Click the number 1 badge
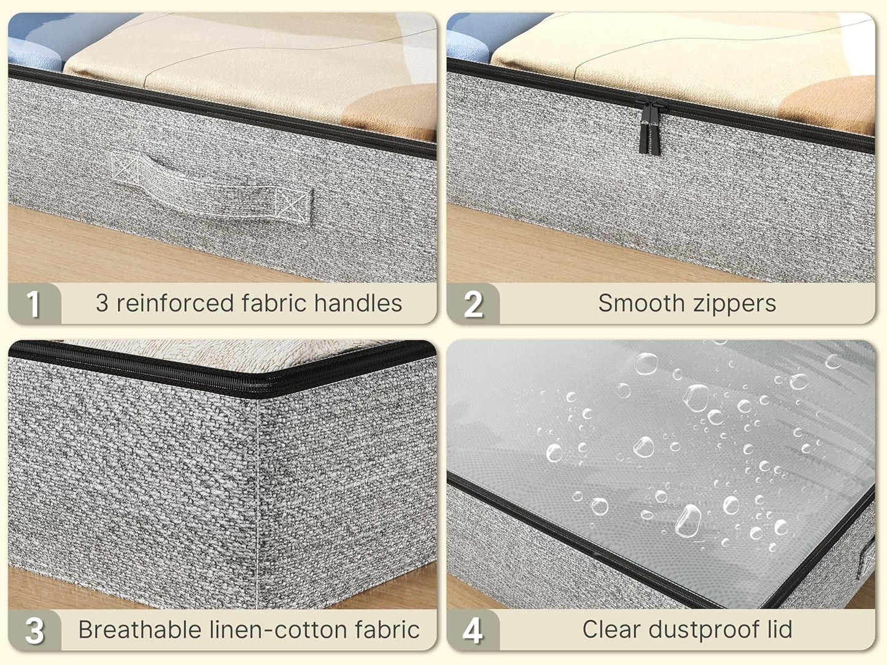click(33, 304)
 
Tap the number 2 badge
click(473, 304)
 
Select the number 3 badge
click(34, 630)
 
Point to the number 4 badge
click(473, 630)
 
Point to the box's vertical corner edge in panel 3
click(257, 491)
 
